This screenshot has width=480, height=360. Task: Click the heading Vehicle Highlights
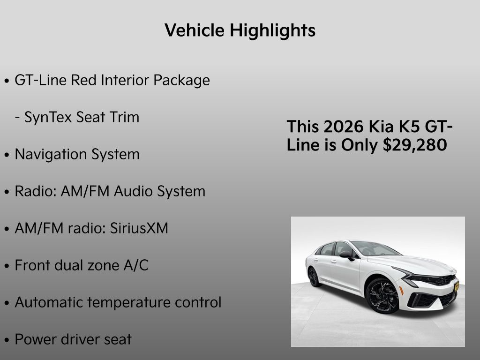point(240,31)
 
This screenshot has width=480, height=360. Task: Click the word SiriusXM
point(139,228)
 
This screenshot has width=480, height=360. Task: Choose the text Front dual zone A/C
point(82,265)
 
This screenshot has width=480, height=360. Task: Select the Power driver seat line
point(73,339)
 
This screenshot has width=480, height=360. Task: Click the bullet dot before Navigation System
point(7,155)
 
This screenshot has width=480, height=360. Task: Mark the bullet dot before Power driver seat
point(7,340)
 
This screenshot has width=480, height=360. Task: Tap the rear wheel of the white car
point(314,277)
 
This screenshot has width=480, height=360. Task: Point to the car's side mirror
point(346,255)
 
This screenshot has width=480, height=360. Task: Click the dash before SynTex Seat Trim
point(17,117)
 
